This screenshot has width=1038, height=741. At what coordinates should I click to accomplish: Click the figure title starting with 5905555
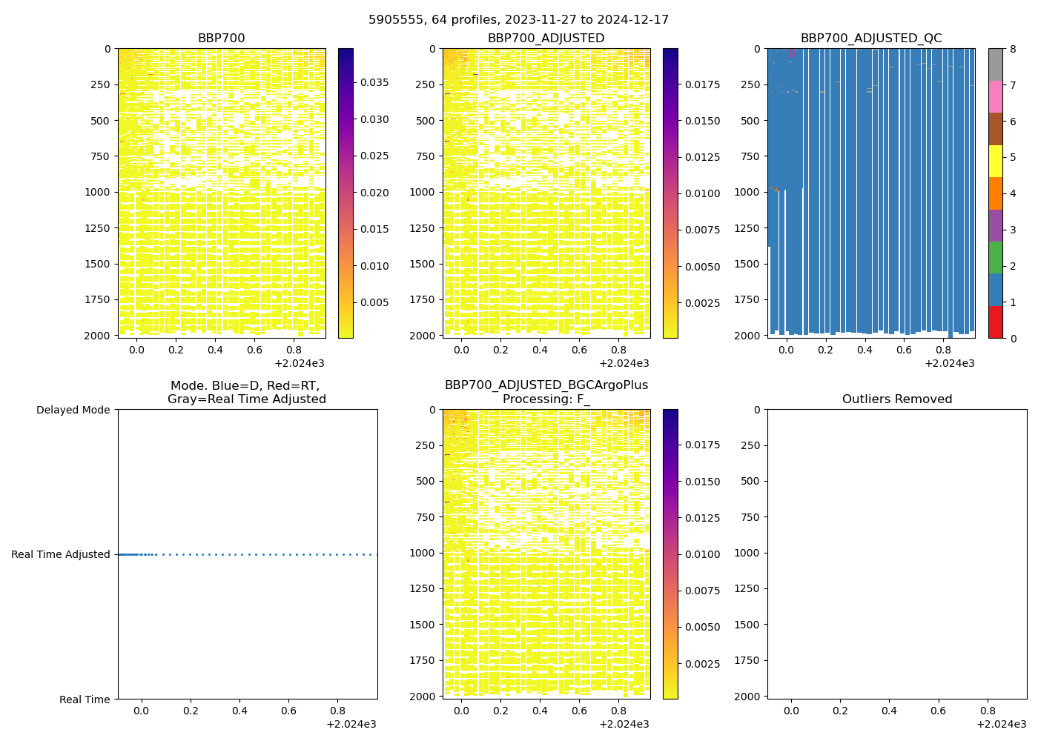(x=518, y=19)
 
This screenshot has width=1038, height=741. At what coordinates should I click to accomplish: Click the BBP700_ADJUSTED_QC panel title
(x=870, y=39)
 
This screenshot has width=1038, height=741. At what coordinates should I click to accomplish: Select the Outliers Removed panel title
(x=896, y=399)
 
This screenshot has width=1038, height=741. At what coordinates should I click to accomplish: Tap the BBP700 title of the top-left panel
(x=221, y=39)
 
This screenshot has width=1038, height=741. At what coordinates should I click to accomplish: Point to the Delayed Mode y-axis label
(x=73, y=410)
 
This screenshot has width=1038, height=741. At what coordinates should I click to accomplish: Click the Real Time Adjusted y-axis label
(x=60, y=554)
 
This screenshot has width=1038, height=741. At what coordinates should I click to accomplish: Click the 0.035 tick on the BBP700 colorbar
(x=374, y=82)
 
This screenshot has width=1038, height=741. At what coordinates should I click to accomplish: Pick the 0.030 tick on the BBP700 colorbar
(x=374, y=119)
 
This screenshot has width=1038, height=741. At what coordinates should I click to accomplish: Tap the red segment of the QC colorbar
(x=995, y=322)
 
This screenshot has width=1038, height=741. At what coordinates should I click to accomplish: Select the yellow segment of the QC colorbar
(x=995, y=161)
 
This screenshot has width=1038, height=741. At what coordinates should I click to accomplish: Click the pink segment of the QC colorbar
(x=995, y=96)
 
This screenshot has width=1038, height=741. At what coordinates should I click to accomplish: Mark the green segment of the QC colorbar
(x=995, y=258)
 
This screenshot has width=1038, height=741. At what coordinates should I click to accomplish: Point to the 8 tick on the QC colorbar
(x=1013, y=50)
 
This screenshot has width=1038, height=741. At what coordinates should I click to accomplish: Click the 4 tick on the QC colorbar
(x=1013, y=194)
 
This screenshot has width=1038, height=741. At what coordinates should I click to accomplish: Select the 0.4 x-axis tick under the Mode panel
(x=239, y=711)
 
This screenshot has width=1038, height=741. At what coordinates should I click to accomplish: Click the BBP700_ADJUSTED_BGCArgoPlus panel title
(x=546, y=392)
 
